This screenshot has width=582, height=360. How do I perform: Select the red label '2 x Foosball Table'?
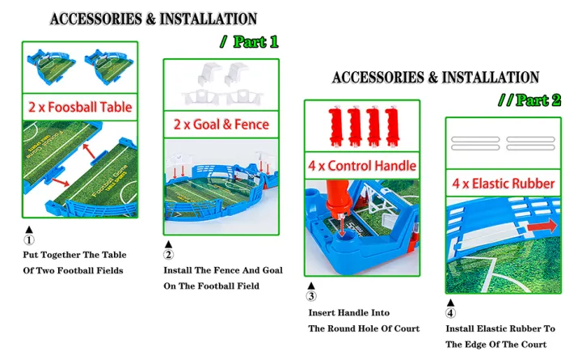click(x=80, y=107)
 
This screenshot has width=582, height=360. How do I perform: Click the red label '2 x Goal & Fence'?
click(x=221, y=124)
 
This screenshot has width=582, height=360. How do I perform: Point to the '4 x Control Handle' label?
click(x=362, y=166)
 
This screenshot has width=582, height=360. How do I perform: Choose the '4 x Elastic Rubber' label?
click(x=504, y=183)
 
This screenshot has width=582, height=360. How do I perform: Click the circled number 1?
click(x=29, y=240)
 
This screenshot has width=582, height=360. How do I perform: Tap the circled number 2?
click(x=168, y=255)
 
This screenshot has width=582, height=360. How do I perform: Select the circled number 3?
click(x=311, y=296)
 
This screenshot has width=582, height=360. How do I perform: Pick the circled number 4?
click(x=450, y=313)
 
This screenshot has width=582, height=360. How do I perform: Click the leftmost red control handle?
click(x=335, y=127)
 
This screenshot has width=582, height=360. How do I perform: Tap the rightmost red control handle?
click(x=392, y=127)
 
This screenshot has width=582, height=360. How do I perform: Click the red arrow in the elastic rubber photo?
click(x=542, y=226)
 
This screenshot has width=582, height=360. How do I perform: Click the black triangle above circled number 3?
click(x=311, y=286)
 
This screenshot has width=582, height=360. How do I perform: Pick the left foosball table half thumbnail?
click(x=51, y=66)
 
